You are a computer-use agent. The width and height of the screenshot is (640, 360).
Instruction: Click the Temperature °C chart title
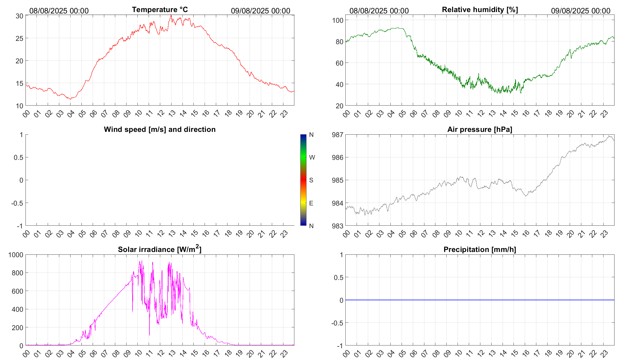tap(160, 10)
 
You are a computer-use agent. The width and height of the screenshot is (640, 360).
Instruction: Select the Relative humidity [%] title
tap(480, 10)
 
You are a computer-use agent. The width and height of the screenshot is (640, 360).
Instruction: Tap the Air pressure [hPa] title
tap(480, 129)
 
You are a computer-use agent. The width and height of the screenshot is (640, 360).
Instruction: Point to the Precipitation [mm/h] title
tap(480, 250)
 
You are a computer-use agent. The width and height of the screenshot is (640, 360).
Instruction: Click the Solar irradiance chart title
tap(160, 249)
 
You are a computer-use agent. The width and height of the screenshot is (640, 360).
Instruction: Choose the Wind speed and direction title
tap(160, 129)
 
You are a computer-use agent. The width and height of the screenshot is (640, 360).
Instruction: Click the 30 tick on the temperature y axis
tap(19, 16)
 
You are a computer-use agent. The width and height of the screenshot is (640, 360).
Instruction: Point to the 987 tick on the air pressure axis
tap(337, 135)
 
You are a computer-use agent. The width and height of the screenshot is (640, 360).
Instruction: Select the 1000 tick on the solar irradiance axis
tap(16, 255)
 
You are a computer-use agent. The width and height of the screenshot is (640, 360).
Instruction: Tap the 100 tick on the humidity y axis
tap(338, 20)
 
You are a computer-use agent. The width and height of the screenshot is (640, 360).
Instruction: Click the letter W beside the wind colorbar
tap(312, 157)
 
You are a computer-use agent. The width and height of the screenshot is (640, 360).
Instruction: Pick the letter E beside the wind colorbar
tap(311, 203)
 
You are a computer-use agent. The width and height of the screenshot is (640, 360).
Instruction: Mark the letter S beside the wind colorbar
tap(311, 180)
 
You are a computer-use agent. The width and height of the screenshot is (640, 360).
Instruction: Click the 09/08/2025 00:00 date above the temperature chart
tap(260, 11)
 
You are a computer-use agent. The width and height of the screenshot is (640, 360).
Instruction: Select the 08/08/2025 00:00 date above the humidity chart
tap(379, 11)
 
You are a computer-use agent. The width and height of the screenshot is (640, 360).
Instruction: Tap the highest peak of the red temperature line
tap(171, 15)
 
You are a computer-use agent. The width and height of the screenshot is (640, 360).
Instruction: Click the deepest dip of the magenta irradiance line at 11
tap(150, 335)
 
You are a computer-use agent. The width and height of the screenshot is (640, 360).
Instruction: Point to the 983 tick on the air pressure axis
tap(337, 226)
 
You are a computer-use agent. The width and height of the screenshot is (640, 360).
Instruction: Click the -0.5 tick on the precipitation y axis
tap(337, 323)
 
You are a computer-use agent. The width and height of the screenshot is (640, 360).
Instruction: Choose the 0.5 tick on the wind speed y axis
tap(18, 157)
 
